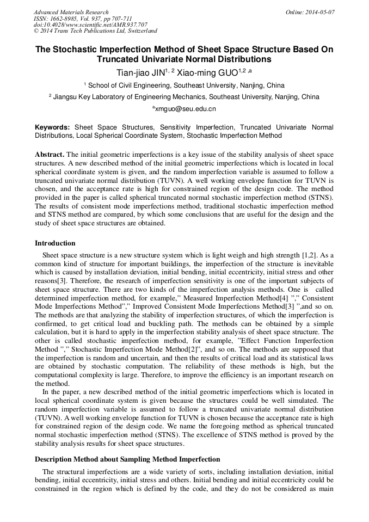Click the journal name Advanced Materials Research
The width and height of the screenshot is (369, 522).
point(71,12)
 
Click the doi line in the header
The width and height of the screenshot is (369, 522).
point(90,25)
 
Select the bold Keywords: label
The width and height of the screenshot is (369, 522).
point(52,127)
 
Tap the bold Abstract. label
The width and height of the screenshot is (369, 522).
point(50,154)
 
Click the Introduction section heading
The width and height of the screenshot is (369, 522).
point(55,243)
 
